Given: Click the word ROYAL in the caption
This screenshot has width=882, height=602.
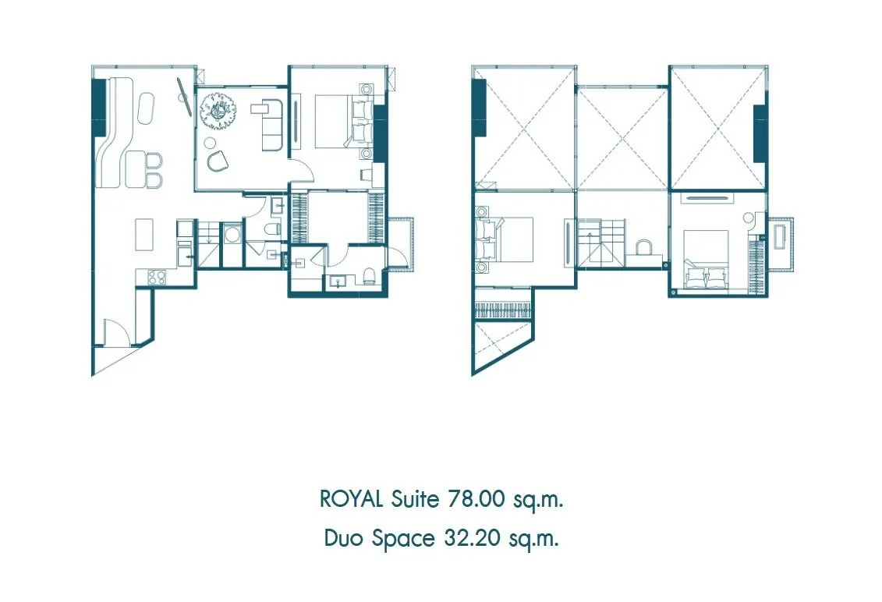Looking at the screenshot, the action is [352, 499].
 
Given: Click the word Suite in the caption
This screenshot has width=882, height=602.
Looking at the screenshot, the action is [415, 499].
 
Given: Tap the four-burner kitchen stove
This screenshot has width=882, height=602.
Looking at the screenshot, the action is [157, 277].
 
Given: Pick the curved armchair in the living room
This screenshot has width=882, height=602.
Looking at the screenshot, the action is [217, 161].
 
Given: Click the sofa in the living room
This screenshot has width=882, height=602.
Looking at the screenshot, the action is [274, 125].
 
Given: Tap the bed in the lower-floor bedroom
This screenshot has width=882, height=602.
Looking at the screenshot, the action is [344, 122].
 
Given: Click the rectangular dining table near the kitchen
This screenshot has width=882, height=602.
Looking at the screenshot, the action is [144, 234].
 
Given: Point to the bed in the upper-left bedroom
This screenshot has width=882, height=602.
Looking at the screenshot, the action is [504, 239].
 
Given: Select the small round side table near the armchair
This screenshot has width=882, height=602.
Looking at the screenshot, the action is [210, 141].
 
